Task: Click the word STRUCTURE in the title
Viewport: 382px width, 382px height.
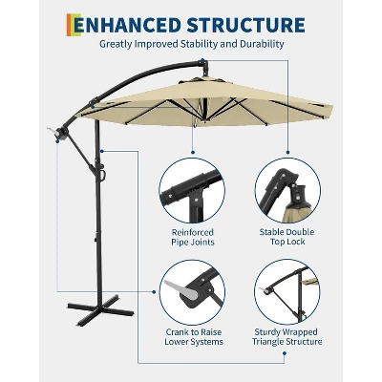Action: click(245, 25)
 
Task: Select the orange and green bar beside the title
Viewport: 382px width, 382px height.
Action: click(74, 25)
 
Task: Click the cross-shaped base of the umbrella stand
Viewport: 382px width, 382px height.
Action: click(100, 308)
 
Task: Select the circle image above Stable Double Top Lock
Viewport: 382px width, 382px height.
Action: click(287, 190)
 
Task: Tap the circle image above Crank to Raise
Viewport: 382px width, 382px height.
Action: click(192, 292)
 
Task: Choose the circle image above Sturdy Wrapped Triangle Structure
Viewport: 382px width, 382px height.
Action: click(287, 292)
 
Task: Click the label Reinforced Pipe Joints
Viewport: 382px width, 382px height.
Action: click(193, 237)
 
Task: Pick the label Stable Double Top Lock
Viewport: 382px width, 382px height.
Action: click(287, 237)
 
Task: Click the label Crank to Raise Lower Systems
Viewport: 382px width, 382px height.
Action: click(194, 337)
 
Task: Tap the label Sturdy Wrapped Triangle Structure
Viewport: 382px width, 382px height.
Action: click(287, 337)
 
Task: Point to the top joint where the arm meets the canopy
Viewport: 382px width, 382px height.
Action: click(203, 65)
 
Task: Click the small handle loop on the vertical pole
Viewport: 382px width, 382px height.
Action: click(102, 174)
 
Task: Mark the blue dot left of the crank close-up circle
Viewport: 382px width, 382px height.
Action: click(154, 291)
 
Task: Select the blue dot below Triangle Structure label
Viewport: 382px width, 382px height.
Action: click(285, 352)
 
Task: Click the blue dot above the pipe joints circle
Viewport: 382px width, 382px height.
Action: click(192, 152)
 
